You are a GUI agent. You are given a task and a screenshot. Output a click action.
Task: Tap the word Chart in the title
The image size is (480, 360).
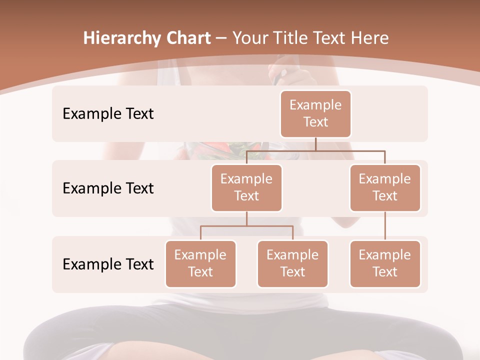coord(186,38)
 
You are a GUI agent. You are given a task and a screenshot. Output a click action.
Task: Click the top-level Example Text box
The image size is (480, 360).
coord(315,114)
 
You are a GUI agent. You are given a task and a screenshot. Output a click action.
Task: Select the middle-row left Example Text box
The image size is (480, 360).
coord(246,188)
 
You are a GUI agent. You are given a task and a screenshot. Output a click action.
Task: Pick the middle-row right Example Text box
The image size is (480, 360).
coord(385,188)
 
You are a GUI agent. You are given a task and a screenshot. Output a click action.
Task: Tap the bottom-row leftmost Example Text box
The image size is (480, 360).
coord(200,264)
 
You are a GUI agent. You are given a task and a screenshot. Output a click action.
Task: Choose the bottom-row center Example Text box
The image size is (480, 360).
coord(292,264)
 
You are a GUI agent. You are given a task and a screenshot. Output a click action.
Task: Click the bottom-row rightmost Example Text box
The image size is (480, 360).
coord(385,264)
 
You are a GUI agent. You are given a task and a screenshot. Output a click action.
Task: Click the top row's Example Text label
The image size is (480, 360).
coord(108,114)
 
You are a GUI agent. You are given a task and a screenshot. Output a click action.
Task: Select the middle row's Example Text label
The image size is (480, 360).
coord(108,188)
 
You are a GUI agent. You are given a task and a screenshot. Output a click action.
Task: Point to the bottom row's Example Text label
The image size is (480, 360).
coord(108,264)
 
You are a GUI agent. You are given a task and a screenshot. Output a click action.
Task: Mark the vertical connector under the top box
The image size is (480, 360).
coord(315,144)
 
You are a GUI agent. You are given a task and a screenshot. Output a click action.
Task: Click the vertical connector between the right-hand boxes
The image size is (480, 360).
coord(385,226)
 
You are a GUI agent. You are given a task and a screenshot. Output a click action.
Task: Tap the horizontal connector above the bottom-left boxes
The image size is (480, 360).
coord(246,226)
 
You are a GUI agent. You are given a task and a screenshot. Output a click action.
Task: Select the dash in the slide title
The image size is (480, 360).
coord(221,38)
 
